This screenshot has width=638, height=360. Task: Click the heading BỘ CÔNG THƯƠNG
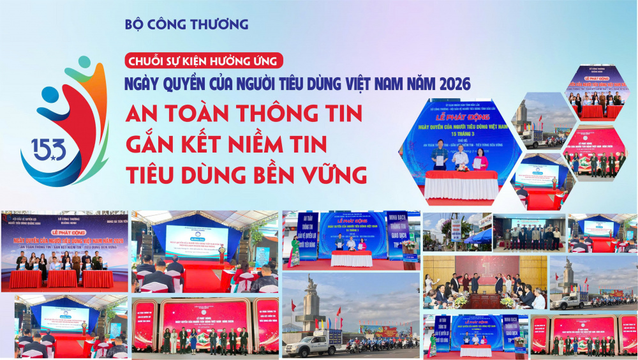point(187,25)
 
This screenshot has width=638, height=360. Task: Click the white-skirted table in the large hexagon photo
point(461,184)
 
